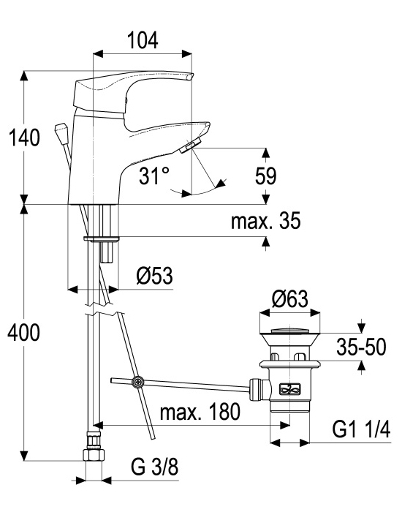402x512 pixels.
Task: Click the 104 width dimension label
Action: [143, 39]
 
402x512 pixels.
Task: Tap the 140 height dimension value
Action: [24, 138]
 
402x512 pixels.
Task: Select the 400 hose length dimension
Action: [24, 333]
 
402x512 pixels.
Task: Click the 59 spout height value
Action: [265, 176]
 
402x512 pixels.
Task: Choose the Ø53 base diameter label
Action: [154, 275]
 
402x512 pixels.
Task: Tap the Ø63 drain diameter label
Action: [289, 298]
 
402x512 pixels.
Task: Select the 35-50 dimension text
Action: [361, 347]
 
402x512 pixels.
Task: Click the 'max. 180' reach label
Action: [200, 412]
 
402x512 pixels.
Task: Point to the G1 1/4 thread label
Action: [361, 429]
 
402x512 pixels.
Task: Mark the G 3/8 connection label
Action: [155, 467]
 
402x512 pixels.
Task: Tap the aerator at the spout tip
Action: [190, 145]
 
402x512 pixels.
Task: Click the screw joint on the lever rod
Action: [137, 382]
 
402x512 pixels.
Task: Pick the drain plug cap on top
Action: [289, 330]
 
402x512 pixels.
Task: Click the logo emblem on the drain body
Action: [289, 388]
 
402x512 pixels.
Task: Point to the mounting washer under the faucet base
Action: [102, 239]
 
